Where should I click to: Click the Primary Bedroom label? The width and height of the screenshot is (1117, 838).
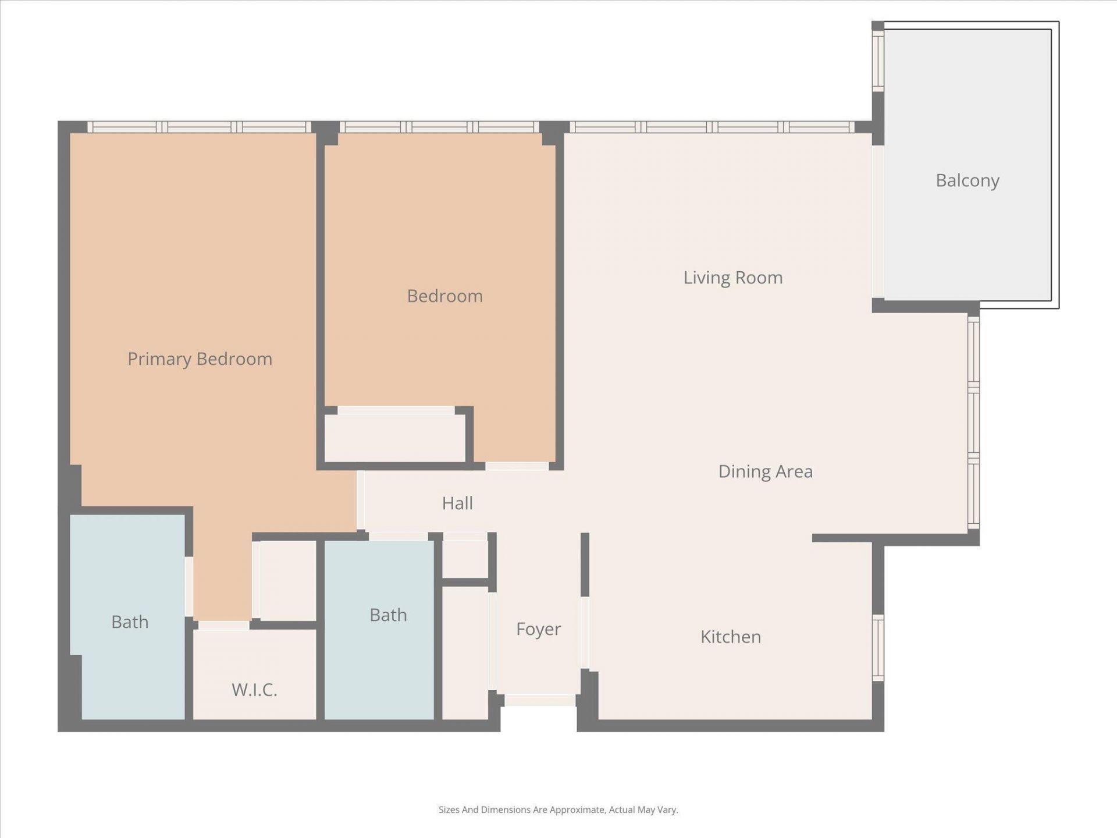pyautogui.click(x=200, y=359)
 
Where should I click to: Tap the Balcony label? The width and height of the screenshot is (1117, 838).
pyautogui.click(x=967, y=180)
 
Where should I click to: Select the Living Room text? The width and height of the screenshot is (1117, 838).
pyautogui.click(x=732, y=278)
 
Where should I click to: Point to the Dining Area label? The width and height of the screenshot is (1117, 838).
pyautogui.click(x=765, y=471)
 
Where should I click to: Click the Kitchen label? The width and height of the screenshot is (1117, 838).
pyautogui.click(x=730, y=637)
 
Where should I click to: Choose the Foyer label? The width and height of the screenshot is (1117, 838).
pyautogui.click(x=538, y=629)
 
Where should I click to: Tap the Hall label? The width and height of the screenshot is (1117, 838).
pyautogui.click(x=457, y=503)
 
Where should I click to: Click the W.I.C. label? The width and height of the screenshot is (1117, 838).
pyautogui.click(x=254, y=690)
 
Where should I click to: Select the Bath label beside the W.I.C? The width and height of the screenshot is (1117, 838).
pyautogui.click(x=130, y=622)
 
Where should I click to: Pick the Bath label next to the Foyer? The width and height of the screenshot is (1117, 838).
pyautogui.click(x=388, y=615)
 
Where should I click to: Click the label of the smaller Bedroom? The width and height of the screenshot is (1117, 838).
pyautogui.click(x=444, y=296)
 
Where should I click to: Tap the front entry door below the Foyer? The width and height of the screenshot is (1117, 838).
pyautogui.click(x=539, y=700)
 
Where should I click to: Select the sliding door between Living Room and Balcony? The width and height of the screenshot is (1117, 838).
pyautogui.click(x=878, y=221)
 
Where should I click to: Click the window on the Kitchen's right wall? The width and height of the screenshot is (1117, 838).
pyautogui.click(x=878, y=648)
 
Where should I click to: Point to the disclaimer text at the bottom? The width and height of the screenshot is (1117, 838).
pyautogui.click(x=558, y=809)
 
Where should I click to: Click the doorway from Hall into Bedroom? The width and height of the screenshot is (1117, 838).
pyautogui.click(x=517, y=466)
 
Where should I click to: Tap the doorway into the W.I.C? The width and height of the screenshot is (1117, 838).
pyautogui.click(x=224, y=625)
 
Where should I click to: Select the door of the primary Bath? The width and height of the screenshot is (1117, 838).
pyautogui.click(x=189, y=587)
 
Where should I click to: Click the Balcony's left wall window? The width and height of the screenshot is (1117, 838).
pyautogui.click(x=878, y=61)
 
